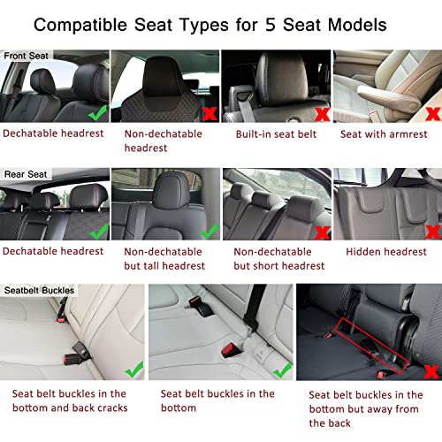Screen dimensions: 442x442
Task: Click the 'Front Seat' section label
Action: click(27, 55)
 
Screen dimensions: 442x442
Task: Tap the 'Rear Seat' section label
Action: click(26, 174)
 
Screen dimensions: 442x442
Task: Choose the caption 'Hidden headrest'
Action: click(382, 251)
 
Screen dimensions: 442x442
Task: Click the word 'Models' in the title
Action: click(381, 24)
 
